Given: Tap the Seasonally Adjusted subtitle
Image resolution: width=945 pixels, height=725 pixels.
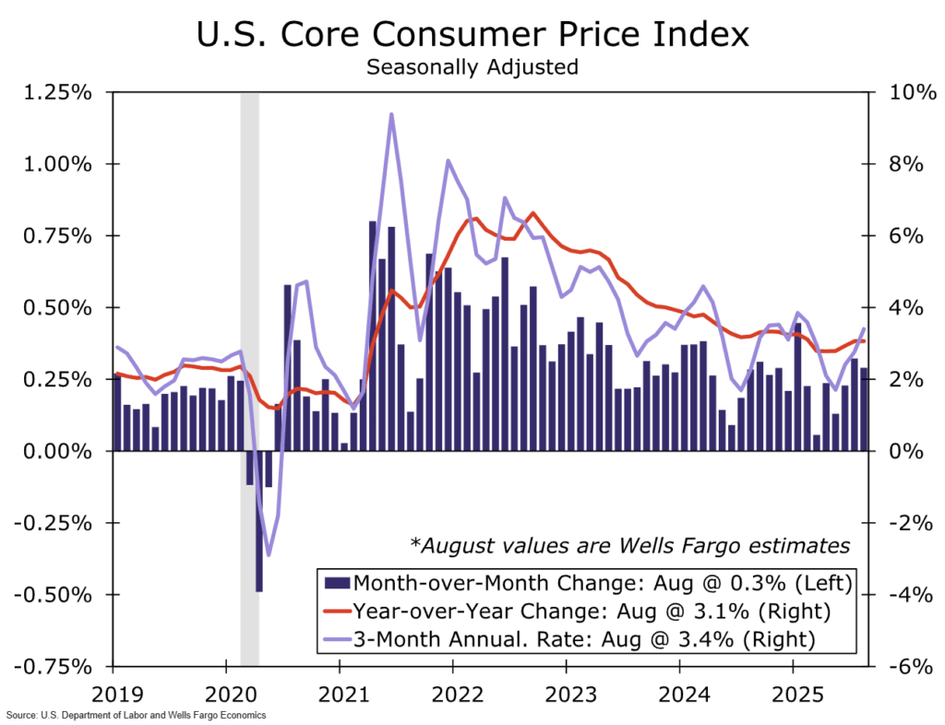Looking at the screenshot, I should tap(472, 67).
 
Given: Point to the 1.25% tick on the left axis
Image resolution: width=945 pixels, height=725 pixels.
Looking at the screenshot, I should tap(57, 93).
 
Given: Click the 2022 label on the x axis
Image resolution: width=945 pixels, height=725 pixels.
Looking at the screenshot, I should tap(453, 691).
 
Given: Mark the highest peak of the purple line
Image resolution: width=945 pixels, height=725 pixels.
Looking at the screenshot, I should tap(391, 114).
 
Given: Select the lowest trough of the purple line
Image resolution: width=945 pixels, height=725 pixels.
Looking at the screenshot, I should tap(269, 555).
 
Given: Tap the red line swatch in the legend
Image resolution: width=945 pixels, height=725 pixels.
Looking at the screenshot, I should tap(340, 610).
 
